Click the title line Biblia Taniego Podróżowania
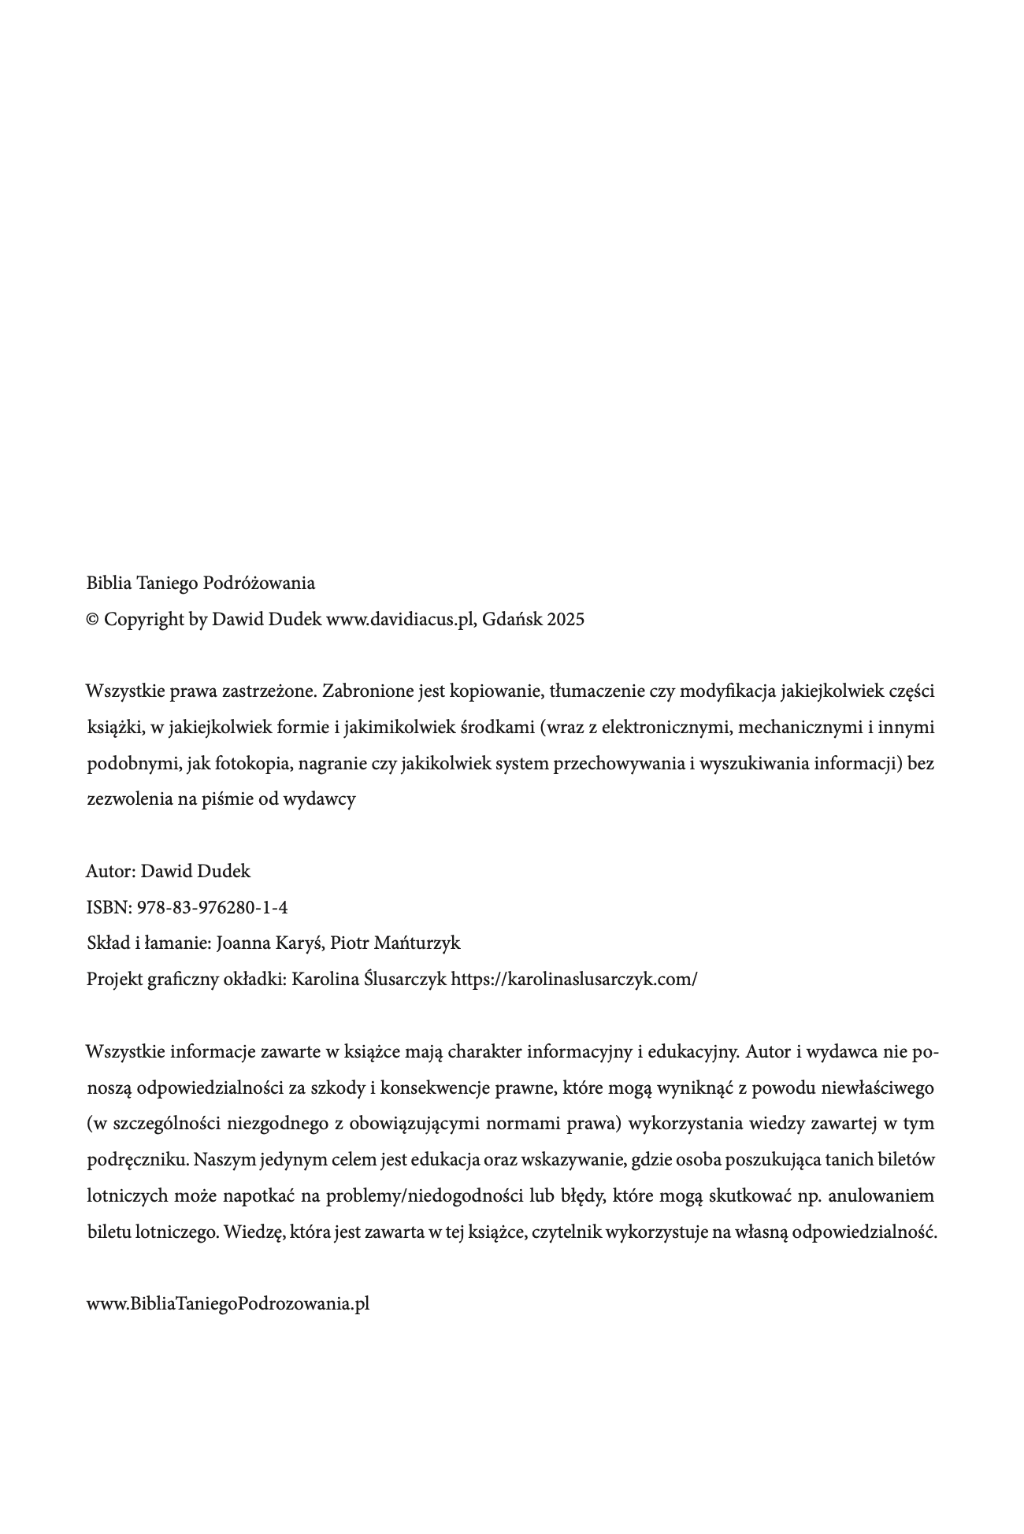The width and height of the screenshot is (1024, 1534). [x=200, y=584]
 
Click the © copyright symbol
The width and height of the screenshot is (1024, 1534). [x=93, y=620]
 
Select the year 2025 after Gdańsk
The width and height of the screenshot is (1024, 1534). [x=566, y=620]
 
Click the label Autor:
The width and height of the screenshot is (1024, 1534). [x=110, y=872]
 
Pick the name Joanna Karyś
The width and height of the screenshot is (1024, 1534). [x=268, y=943]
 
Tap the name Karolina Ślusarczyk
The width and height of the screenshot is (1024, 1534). [x=369, y=980]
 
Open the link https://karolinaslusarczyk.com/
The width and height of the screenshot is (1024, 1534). [x=574, y=980]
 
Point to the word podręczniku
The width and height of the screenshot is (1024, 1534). [x=137, y=1160]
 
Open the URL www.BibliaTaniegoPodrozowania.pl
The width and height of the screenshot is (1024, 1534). [x=228, y=1304]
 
